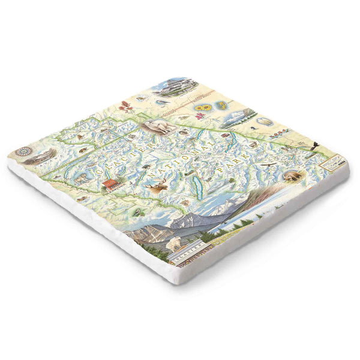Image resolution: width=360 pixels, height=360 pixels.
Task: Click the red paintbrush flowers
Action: coord(127,108)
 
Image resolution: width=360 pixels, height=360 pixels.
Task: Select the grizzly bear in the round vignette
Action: coord(292,176)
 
